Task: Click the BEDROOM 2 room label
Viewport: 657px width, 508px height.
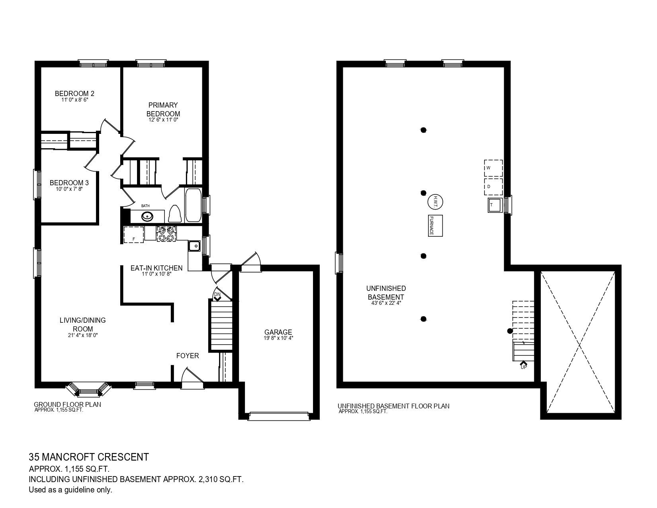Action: (x=74, y=94)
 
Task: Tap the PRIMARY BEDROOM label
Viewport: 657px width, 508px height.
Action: (x=163, y=109)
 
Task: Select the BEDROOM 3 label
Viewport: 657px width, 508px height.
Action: (x=69, y=183)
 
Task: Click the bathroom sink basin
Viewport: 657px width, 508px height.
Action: (x=147, y=216)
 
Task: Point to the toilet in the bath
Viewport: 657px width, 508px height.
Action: (x=174, y=214)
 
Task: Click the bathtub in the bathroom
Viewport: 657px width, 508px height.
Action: (x=193, y=206)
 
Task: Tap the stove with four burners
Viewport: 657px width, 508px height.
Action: (x=166, y=234)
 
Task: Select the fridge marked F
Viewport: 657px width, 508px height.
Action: (x=134, y=234)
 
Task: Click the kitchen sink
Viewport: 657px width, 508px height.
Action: (x=194, y=246)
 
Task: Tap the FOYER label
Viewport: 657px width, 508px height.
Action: (x=188, y=356)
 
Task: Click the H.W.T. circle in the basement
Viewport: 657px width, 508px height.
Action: (x=435, y=202)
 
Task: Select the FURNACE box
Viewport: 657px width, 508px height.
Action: (x=435, y=226)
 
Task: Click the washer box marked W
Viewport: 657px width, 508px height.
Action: (x=493, y=168)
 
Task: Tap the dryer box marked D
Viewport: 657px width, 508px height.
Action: (x=493, y=187)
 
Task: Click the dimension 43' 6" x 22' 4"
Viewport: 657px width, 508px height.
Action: (x=386, y=303)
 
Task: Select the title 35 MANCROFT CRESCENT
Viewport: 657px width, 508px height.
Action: (x=89, y=457)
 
